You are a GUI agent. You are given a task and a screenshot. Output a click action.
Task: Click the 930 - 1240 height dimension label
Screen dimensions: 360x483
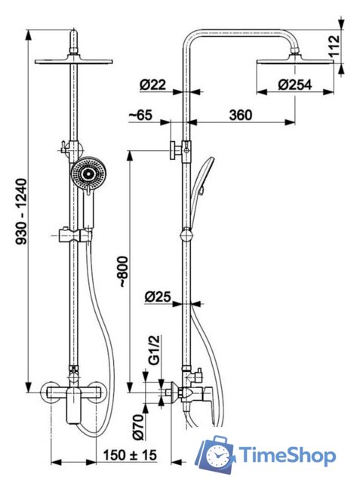coord(22,211)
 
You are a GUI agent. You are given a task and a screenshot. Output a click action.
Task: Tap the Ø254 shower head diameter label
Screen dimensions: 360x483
coord(295,85)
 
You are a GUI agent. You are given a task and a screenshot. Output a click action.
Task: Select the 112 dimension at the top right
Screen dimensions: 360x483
coord(334,45)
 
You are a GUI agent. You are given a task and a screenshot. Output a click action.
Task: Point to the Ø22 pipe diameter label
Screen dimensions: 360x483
coord(152,85)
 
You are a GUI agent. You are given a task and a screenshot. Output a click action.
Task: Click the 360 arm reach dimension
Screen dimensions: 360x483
coord(241,115)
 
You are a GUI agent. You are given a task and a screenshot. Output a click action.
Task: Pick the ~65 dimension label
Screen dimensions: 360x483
coord(140,115)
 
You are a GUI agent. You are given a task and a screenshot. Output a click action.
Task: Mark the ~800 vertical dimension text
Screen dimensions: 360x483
coord(123,272)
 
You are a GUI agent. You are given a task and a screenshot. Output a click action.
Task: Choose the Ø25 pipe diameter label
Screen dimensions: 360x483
coord(158,297)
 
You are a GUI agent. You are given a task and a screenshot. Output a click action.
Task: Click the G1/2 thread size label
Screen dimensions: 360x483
coord(154,350)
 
